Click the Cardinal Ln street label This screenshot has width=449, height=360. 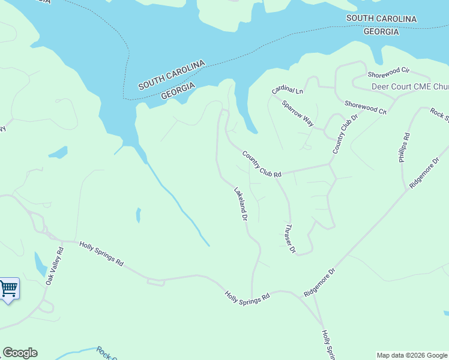coord(288,91)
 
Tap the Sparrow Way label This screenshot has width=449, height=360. coord(298,113)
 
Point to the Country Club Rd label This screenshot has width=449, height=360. coord(262,164)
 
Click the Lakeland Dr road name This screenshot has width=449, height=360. coord(241,204)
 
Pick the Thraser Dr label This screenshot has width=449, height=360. coord(290,238)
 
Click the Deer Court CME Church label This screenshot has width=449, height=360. coord(410,86)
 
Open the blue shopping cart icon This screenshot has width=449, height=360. coord(8,289)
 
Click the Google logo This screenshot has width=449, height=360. coord(20,353)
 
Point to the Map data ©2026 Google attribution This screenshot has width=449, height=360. coord(412,355)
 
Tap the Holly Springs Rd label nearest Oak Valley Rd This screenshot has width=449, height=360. coord(101,254)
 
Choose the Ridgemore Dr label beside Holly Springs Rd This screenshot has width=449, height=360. coord(319,282)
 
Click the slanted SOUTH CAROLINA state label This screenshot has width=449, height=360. coord(172,75)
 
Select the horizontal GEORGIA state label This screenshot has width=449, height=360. coord(381,32)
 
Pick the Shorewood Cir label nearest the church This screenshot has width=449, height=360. coord(388,75)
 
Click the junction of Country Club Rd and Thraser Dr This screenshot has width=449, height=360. coord(276,175)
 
